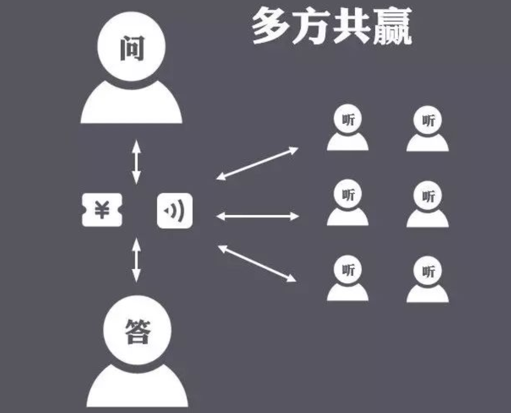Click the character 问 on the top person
click(x=131, y=49)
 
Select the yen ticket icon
click(x=102, y=210)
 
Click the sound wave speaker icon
click(x=175, y=211)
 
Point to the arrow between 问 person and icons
click(x=136, y=162)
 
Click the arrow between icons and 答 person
click(x=136, y=260)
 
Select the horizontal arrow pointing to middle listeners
click(x=257, y=216)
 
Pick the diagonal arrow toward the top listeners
click(x=257, y=163)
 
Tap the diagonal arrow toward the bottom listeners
click(x=257, y=264)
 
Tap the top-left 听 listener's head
click(x=348, y=118)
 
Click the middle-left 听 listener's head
click(x=348, y=194)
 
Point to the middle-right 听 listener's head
click(x=428, y=195)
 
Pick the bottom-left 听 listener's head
click(x=348, y=269)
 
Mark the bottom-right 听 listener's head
click(x=428, y=270)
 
